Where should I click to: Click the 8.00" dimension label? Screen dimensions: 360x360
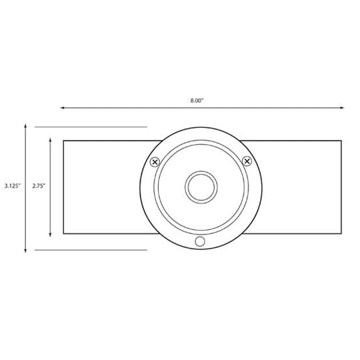(197, 100)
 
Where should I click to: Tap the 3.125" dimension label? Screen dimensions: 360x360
(13, 186)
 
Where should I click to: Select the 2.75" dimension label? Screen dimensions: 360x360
(39, 186)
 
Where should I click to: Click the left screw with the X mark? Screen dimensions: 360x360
(155, 162)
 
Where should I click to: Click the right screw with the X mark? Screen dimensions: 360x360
(247, 161)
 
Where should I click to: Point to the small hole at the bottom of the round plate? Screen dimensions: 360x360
(200, 241)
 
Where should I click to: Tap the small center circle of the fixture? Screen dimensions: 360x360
(201, 187)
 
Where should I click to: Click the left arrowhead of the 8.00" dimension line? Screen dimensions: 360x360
(62, 108)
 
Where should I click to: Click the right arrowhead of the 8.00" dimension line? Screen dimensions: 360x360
(342, 108)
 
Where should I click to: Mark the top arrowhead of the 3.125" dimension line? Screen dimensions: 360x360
(25, 126)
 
